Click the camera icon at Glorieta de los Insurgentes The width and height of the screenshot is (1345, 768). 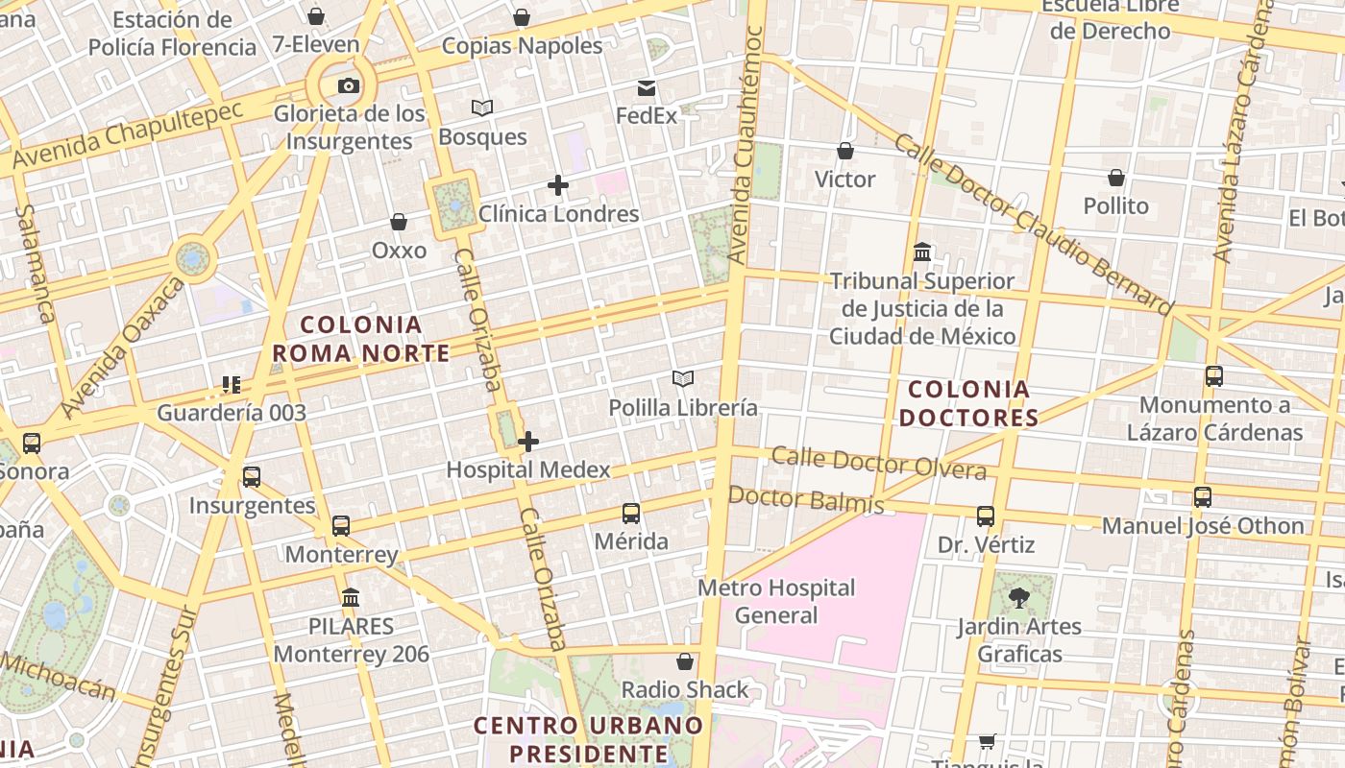click(349, 86)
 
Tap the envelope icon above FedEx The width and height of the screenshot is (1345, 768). click(647, 88)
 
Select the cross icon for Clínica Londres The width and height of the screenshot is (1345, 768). click(557, 185)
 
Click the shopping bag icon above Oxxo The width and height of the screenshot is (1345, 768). click(399, 223)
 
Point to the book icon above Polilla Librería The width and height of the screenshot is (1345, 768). click(683, 379)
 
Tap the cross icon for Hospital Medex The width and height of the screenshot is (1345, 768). click(527, 442)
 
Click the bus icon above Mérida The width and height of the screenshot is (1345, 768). click(631, 514)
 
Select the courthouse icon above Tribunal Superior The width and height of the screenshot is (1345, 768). click(922, 253)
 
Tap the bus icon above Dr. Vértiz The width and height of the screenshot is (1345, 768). click(986, 516)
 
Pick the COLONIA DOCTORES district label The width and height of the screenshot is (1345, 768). click(968, 403)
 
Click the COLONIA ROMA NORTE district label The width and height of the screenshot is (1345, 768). click(360, 339)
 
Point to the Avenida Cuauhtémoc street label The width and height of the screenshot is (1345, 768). click(746, 144)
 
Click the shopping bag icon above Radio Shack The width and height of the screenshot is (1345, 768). click(685, 661)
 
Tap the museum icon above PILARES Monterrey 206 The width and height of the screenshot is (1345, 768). click(351, 598)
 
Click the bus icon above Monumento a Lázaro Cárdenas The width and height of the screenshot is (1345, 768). click(1214, 376)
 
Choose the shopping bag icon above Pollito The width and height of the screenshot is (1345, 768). click(1116, 179)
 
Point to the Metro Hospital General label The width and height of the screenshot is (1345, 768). click(776, 601)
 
